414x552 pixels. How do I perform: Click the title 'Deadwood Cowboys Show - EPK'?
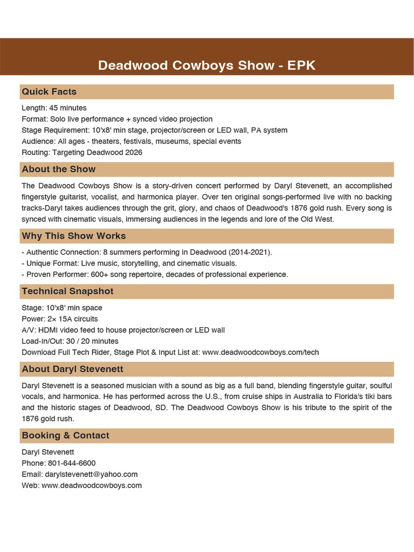point(207,65)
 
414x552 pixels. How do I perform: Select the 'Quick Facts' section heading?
point(49,92)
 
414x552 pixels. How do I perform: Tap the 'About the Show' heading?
point(59,169)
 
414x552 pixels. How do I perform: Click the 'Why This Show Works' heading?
point(74,236)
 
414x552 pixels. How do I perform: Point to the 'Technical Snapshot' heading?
point(67,291)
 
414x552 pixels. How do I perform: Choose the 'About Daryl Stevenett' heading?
point(72,369)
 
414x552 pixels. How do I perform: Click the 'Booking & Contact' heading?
point(65,435)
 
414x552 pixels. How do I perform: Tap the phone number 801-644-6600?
point(72,463)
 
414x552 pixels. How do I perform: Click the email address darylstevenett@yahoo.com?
point(91,474)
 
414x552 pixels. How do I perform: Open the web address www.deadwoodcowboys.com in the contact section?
point(91,485)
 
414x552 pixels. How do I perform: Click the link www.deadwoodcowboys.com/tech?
point(260,352)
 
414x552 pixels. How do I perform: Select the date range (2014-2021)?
point(250,252)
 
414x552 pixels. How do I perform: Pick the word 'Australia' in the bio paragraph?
point(310,396)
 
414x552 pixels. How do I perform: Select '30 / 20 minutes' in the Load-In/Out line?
point(92,341)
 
